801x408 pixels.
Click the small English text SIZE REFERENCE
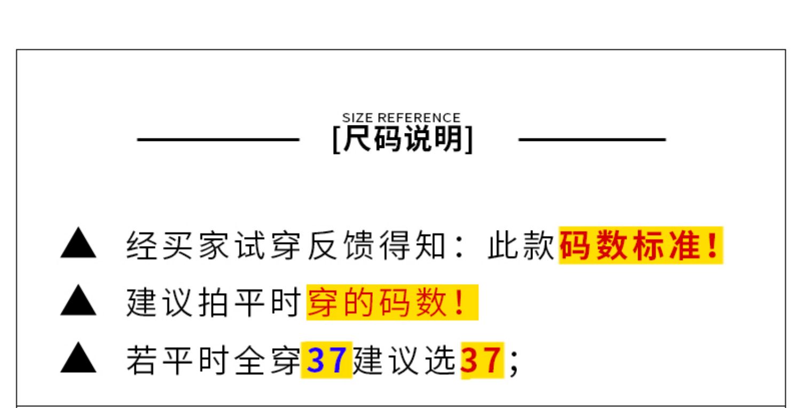[401, 118]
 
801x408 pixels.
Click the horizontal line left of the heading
[218, 140]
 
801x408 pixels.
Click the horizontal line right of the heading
[592, 140]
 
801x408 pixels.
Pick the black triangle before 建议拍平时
[78, 303]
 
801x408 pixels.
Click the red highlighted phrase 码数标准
[630, 248]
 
